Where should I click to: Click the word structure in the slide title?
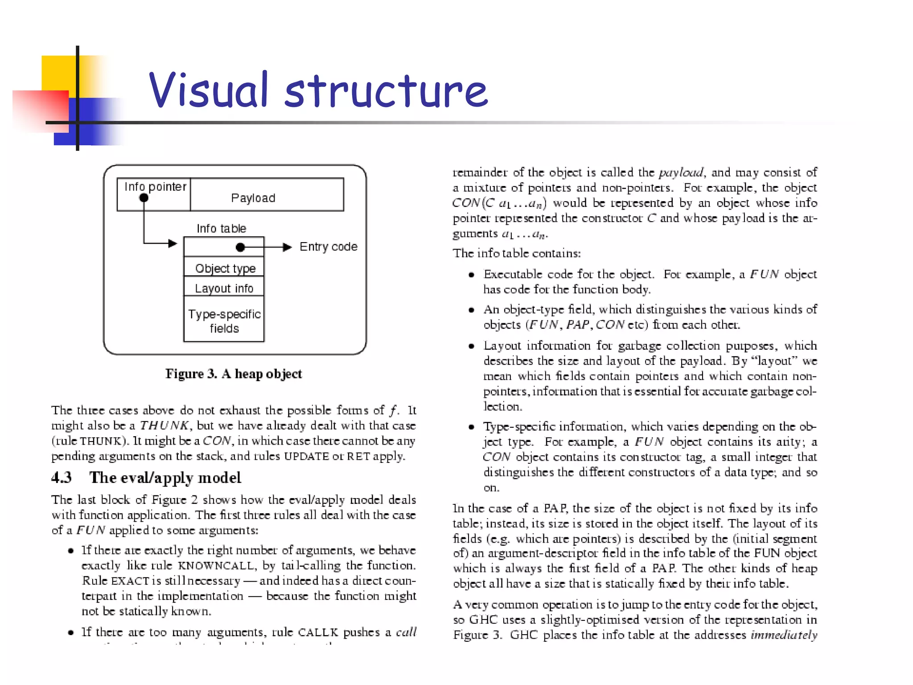pyautogui.click(x=386, y=91)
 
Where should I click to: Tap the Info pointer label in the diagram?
pyautogui.click(x=155, y=186)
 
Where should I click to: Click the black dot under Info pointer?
pyautogui.click(x=144, y=198)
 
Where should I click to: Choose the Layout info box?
pyautogui.click(x=224, y=288)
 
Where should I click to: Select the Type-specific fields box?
pyautogui.click(x=224, y=321)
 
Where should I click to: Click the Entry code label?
pyautogui.click(x=328, y=247)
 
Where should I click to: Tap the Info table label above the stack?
pyautogui.click(x=222, y=228)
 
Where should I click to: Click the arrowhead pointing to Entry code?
pyautogui.click(x=288, y=247)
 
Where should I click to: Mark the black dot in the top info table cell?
pyautogui.click(x=240, y=247)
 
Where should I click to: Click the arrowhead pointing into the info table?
pyautogui.click(x=173, y=243)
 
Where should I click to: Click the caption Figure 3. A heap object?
pyautogui.click(x=234, y=374)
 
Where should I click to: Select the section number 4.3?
pyautogui.click(x=61, y=478)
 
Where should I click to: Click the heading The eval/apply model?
pyautogui.click(x=165, y=478)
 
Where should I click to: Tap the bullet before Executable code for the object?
pyautogui.click(x=471, y=275)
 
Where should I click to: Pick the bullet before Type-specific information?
pyautogui.click(x=471, y=427)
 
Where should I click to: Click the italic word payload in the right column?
pyautogui.click(x=681, y=173)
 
